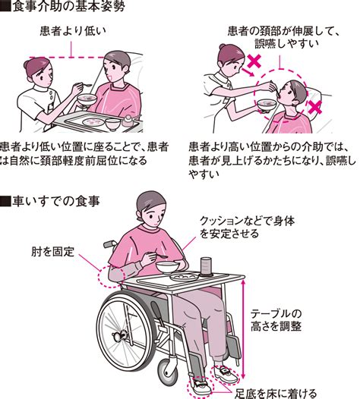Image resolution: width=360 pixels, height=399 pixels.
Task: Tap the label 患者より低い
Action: point(73,31)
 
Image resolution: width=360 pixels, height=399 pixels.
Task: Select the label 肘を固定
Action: point(52,251)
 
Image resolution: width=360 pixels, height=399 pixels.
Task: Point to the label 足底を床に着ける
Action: point(276,394)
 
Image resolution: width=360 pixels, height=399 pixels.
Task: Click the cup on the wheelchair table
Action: point(206,266)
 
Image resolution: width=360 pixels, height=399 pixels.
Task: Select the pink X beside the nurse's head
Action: point(254,62)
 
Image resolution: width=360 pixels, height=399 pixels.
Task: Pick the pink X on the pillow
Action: point(314,107)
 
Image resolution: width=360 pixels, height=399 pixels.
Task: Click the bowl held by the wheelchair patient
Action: point(168,267)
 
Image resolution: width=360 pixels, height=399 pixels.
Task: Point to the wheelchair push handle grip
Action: point(109,243)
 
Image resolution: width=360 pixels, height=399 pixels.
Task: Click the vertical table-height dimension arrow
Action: point(243,329)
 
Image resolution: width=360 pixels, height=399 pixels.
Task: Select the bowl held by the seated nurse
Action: point(87,99)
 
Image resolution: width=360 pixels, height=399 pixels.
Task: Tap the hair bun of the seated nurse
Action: point(27,64)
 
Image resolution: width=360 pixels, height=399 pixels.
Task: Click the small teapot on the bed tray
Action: point(128,121)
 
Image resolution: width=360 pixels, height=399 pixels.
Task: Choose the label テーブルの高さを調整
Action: point(276,320)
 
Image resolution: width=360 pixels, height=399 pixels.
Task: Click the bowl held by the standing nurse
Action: point(267,105)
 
